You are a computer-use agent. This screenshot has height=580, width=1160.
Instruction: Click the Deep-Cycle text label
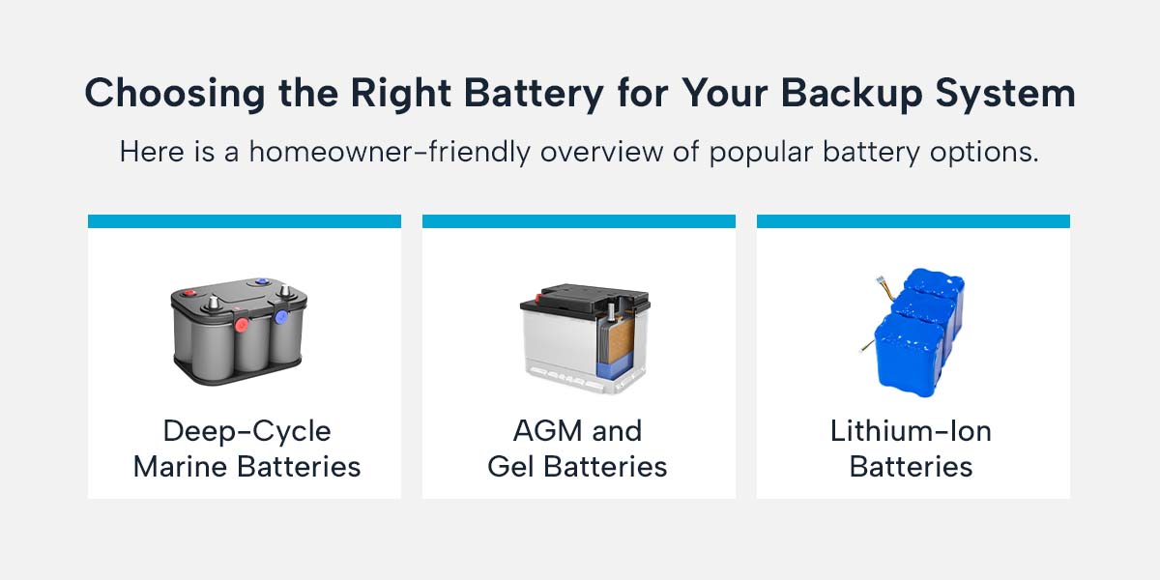point(246,431)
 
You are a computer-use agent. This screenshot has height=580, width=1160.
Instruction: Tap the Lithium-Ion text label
point(911,431)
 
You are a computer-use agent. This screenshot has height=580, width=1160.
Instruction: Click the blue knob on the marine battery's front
point(281,316)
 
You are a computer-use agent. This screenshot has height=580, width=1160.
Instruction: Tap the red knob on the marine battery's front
point(239,322)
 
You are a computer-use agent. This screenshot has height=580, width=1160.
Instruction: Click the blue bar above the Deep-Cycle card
point(244,221)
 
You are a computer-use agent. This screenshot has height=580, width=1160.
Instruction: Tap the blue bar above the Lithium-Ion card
point(913,221)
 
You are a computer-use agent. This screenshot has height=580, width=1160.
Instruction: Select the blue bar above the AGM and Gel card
point(578,221)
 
